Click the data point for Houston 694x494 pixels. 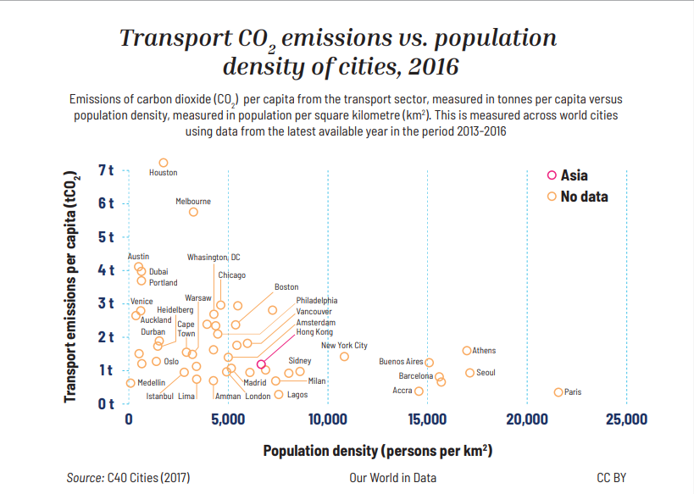coord(164,163)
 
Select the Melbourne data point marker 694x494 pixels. coord(193,212)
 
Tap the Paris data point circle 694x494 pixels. coord(558,392)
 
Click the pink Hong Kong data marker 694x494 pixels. coord(261,364)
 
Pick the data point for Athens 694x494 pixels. coord(467,351)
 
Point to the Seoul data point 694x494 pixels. coord(469,373)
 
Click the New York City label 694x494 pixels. coord(344,346)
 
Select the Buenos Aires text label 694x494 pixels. coord(401,362)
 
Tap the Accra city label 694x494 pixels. coord(403,391)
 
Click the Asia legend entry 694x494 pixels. coord(567,175)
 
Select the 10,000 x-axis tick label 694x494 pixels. coord(327,419)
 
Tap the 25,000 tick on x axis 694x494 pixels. coord(625,419)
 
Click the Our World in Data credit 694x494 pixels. coord(392,478)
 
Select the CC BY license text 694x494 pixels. coord(611,478)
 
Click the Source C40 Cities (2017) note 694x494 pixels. coord(128,478)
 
